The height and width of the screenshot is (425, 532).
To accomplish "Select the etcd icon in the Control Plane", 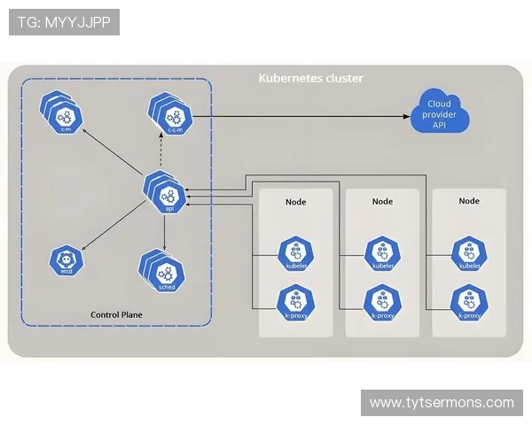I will click(66, 261).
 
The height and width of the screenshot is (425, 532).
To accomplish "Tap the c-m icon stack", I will click(62, 113).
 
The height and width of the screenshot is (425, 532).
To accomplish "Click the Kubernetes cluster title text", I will click(310, 78).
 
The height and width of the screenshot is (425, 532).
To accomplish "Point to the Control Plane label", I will click(117, 314).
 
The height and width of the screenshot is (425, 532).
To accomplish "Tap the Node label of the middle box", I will click(382, 201).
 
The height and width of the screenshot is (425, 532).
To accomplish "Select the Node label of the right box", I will click(469, 201).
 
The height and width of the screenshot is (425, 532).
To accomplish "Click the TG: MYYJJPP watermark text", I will click(64, 22).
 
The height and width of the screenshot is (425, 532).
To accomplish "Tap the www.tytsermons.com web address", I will click(442, 403).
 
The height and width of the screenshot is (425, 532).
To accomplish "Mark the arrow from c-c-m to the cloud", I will click(301, 116).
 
